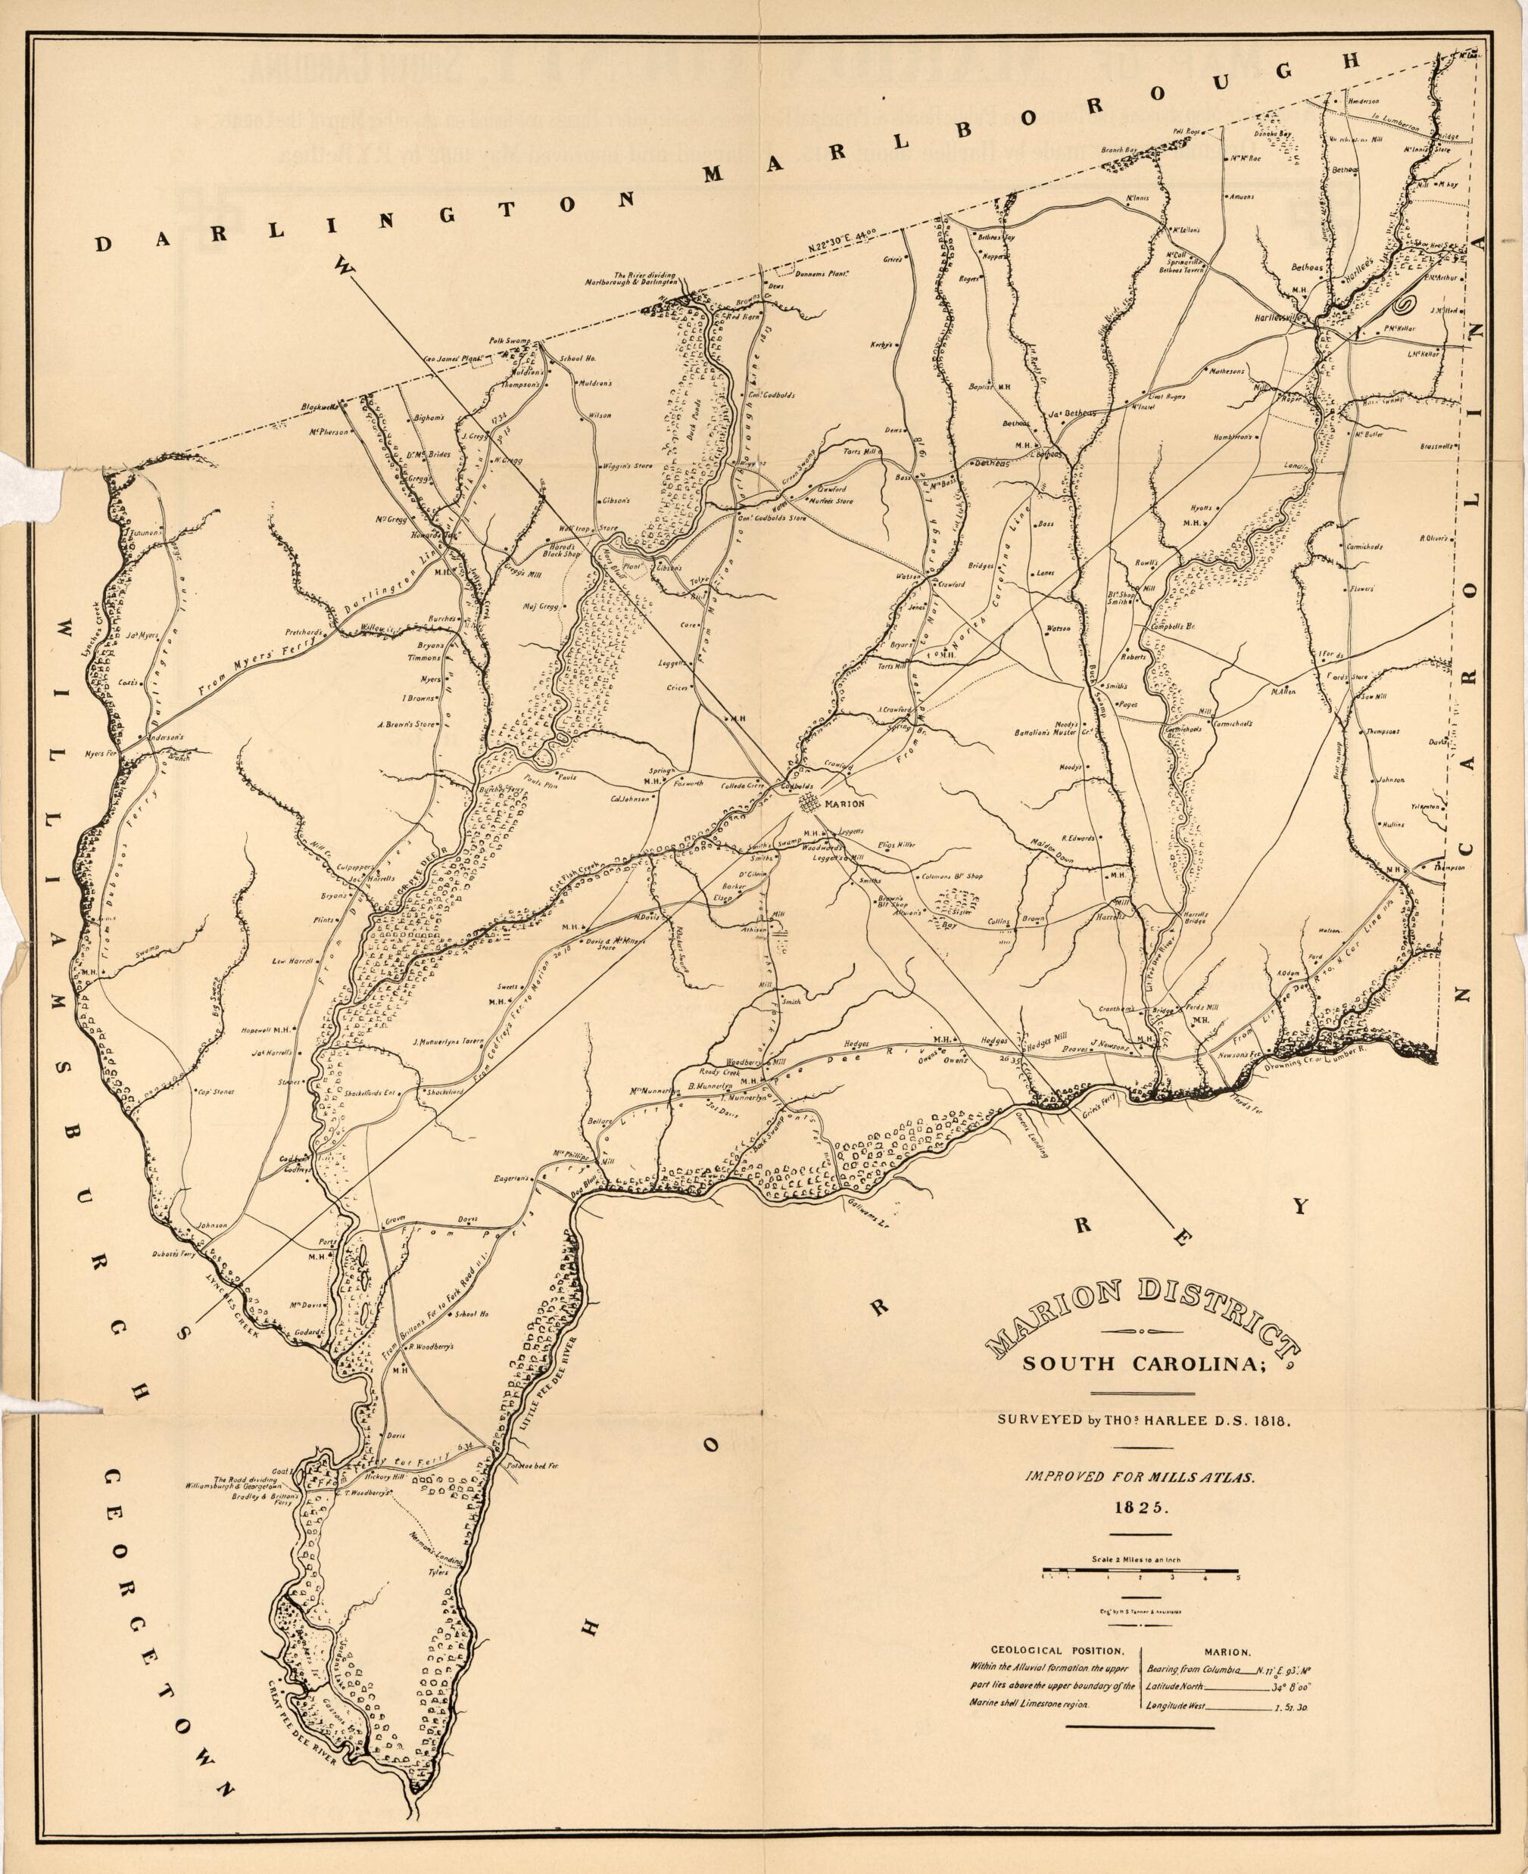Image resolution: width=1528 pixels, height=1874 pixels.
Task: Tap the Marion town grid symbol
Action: click(808, 802)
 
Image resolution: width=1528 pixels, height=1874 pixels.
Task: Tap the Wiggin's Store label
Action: click(628, 465)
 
